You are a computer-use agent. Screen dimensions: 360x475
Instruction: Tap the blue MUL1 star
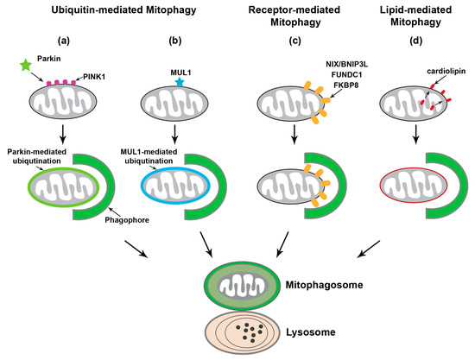[179, 80]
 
